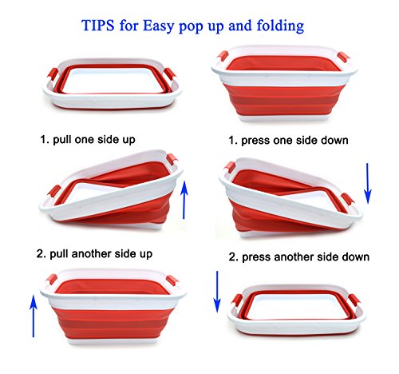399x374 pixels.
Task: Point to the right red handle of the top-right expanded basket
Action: pyautogui.click(x=343, y=58)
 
